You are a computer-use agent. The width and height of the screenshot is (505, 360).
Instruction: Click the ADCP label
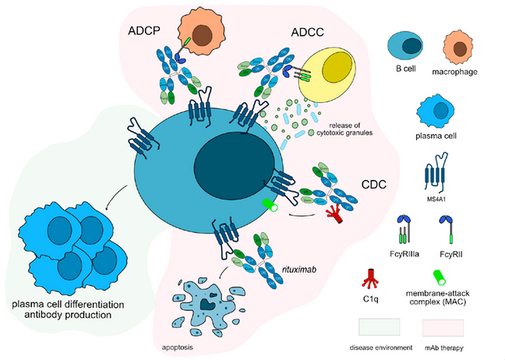point(144,30)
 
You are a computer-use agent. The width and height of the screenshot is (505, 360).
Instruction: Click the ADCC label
point(307,32)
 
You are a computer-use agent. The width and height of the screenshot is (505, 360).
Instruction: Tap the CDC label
point(374,185)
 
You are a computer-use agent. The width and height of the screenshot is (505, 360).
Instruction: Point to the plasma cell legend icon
point(436,111)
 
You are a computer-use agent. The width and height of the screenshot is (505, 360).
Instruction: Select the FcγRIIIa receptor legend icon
point(404,229)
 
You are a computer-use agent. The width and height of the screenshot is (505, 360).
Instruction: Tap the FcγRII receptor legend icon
point(447,229)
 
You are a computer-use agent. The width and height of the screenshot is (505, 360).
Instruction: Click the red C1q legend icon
point(370,278)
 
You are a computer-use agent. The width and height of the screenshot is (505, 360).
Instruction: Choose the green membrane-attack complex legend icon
point(440,277)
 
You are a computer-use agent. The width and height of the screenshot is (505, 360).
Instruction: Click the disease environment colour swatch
point(380,327)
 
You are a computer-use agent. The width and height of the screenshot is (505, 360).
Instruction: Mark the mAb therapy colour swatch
point(443,328)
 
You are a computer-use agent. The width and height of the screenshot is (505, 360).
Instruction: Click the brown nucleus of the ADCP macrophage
point(202,34)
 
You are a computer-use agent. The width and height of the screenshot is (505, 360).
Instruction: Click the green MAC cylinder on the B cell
point(270,205)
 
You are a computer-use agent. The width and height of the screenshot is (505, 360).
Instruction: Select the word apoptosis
point(178,348)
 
